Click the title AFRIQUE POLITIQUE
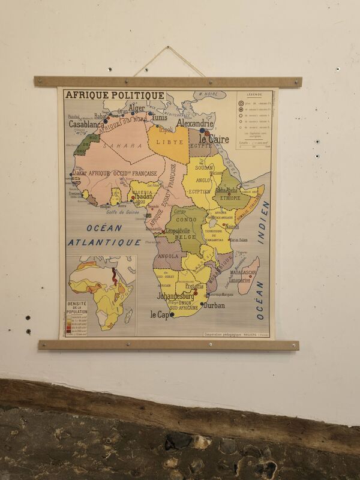click(x=115, y=95)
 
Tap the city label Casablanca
click(x=86, y=125)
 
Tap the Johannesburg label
click(x=175, y=296)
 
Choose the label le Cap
click(x=159, y=314)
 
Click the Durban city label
click(x=214, y=305)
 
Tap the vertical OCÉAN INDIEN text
click(x=262, y=258)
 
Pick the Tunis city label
click(x=160, y=118)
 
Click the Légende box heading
click(x=253, y=94)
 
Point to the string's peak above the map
click(x=169, y=47)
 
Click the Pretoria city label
click(x=194, y=286)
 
